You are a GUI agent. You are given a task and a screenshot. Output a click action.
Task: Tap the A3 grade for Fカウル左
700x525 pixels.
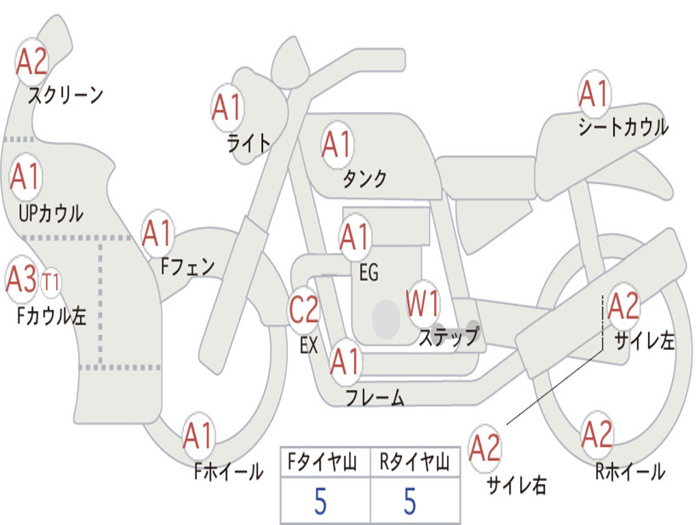point(21,279)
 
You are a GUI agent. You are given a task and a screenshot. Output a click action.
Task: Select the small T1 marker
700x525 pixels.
point(50,282)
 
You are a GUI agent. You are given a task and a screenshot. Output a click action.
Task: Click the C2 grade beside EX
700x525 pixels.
point(304,309)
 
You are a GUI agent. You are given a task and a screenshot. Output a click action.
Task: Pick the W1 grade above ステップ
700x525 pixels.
point(422,303)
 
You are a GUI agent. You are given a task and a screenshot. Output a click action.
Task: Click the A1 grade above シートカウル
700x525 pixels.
point(595,94)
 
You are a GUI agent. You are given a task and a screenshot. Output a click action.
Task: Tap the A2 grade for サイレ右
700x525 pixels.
point(485,448)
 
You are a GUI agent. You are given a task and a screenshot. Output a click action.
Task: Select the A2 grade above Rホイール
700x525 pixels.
point(597,434)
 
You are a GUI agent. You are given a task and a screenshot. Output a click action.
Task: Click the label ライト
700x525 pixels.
point(249,144)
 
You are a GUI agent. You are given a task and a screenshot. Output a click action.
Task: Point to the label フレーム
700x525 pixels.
point(375,398)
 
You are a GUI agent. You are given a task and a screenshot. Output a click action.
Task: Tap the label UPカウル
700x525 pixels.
point(51,213)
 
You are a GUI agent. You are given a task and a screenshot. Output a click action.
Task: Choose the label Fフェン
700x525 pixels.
point(187,267)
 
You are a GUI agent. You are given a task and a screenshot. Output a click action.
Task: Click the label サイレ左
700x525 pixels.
point(644,342)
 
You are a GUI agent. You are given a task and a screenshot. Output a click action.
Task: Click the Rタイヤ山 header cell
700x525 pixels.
point(415,461)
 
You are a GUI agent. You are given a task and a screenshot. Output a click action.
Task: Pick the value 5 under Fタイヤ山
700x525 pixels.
point(321,501)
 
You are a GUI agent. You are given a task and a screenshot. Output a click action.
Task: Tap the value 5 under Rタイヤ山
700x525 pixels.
point(410,501)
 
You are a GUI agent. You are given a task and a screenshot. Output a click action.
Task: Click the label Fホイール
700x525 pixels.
point(228,472)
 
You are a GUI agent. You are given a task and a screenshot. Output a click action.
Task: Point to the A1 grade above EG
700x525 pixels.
point(355,237)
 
